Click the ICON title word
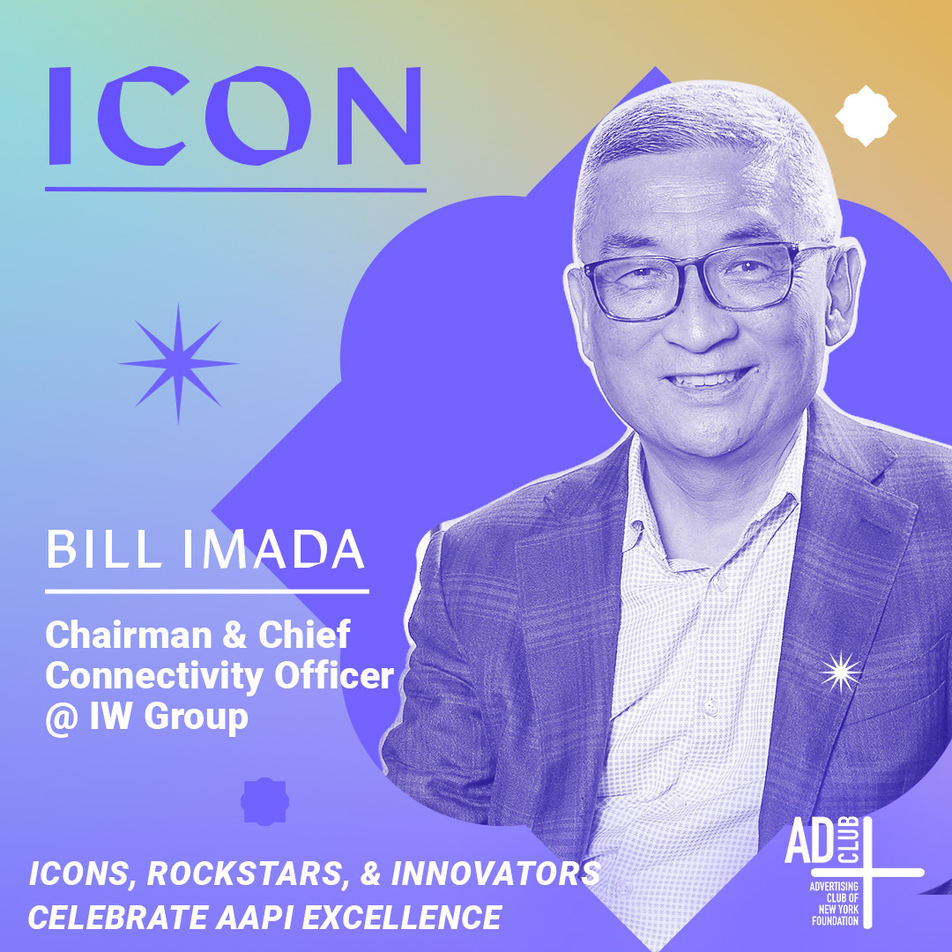[234, 115]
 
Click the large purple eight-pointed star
[177, 362]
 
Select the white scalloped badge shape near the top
[865, 115]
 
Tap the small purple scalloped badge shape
[259, 800]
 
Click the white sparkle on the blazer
[841, 673]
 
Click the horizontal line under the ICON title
[234, 189]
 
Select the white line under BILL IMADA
[207, 591]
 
